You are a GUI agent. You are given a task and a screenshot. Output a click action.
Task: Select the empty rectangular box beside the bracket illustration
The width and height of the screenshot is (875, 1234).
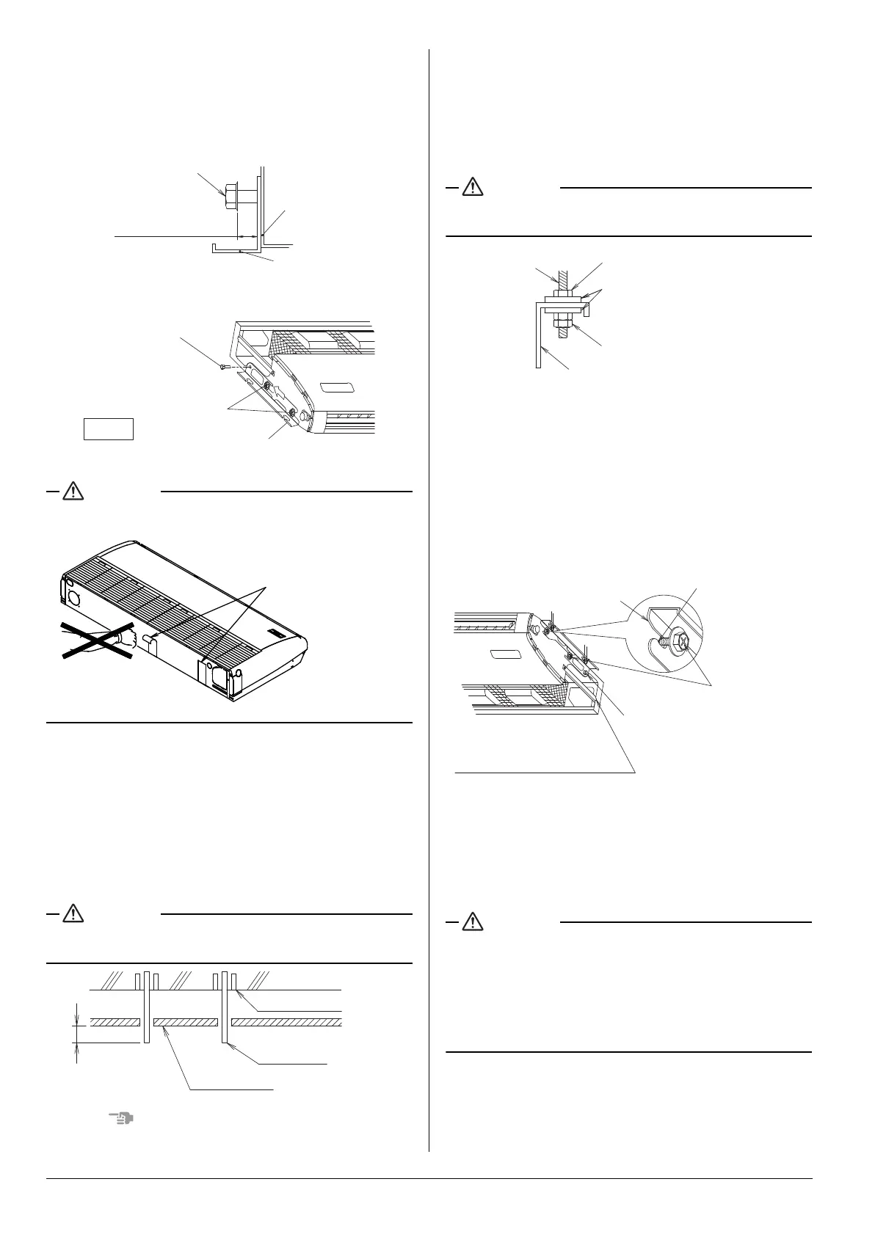pyautogui.click(x=109, y=428)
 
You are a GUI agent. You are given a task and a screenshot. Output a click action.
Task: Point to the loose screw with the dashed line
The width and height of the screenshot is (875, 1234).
pyautogui.click(x=222, y=365)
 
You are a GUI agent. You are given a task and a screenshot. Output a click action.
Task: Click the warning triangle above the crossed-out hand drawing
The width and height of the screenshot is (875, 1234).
pyautogui.click(x=73, y=491)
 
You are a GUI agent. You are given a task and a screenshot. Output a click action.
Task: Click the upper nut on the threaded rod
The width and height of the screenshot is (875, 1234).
pyautogui.click(x=564, y=293)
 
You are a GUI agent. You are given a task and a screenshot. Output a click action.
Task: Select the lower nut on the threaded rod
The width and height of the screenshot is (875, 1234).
pyautogui.click(x=564, y=321)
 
